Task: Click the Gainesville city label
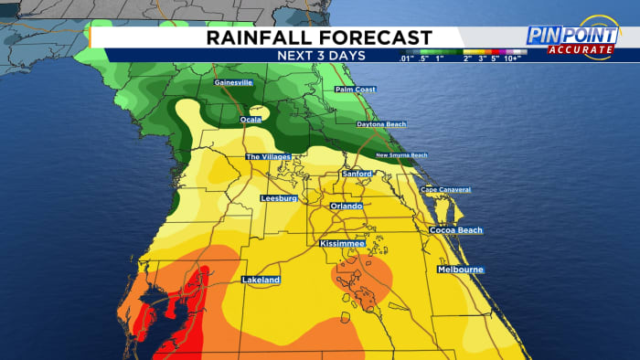coord(232,82)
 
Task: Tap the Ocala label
coord(251,120)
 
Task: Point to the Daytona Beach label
coord(381,123)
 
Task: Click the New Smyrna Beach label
coord(401,155)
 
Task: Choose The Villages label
coord(269,157)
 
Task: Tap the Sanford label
coord(357,173)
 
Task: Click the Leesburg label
coord(280,197)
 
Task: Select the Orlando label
coord(347,206)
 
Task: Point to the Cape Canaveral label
coord(445,189)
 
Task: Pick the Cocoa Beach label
coord(455,230)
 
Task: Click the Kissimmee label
coord(343,245)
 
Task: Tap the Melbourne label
coord(460,270)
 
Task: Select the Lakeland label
coord(261,279)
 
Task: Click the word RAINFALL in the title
coord(260,37)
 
